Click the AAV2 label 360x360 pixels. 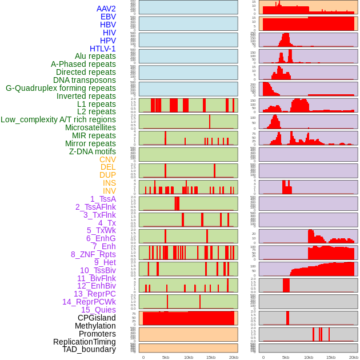[x=106, y=9]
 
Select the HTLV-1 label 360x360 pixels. [x=103, y=49]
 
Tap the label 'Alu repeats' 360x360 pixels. [x=95, y=56]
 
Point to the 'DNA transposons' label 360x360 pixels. [x=85, y=80]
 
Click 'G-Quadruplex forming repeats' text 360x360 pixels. [x=61, y=88]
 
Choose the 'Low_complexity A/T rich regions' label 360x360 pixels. [x=58, y=119]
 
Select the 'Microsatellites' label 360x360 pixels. [x=90, y=127]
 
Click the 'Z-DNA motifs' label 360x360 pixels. [x=93, y=151]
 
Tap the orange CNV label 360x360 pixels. [x=107, y=159]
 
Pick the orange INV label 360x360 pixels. [x=109, y=191]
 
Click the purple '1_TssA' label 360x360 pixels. [x=103, y=199]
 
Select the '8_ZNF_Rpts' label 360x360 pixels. [x=93, y=254]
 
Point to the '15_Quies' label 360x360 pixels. [x=98, y=310]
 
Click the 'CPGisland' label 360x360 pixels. [x=97, y=318]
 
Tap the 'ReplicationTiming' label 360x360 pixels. [x=85, y=342]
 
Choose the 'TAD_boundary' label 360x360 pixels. [x=89, y=349]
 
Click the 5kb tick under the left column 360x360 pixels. [x=166, y=357]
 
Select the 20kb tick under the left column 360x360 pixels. [x=234, y=357]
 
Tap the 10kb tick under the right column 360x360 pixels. [x=309, y=357]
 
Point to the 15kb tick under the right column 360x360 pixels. [x=331, y=357]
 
